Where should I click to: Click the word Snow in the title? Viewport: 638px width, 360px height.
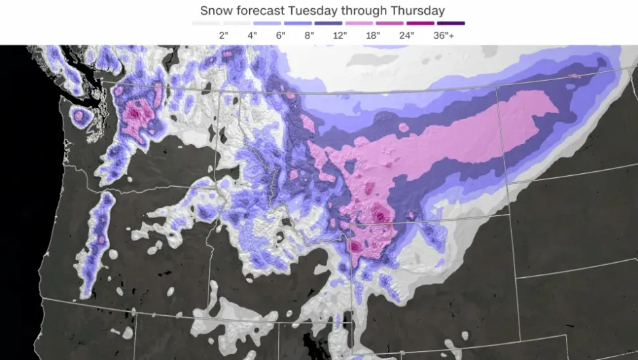coord(214,10)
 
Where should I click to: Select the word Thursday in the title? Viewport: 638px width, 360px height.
coord(419,10)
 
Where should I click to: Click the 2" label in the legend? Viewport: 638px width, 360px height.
coord(222,34)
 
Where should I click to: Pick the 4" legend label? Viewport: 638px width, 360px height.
coord(252,34)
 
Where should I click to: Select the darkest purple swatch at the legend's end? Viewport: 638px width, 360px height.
coord(451,23)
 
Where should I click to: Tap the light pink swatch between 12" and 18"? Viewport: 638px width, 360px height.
coord(358,23)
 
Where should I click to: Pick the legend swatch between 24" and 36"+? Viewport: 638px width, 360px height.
coord(420,23)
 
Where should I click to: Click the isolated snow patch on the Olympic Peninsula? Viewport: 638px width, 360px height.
coord(81,116)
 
